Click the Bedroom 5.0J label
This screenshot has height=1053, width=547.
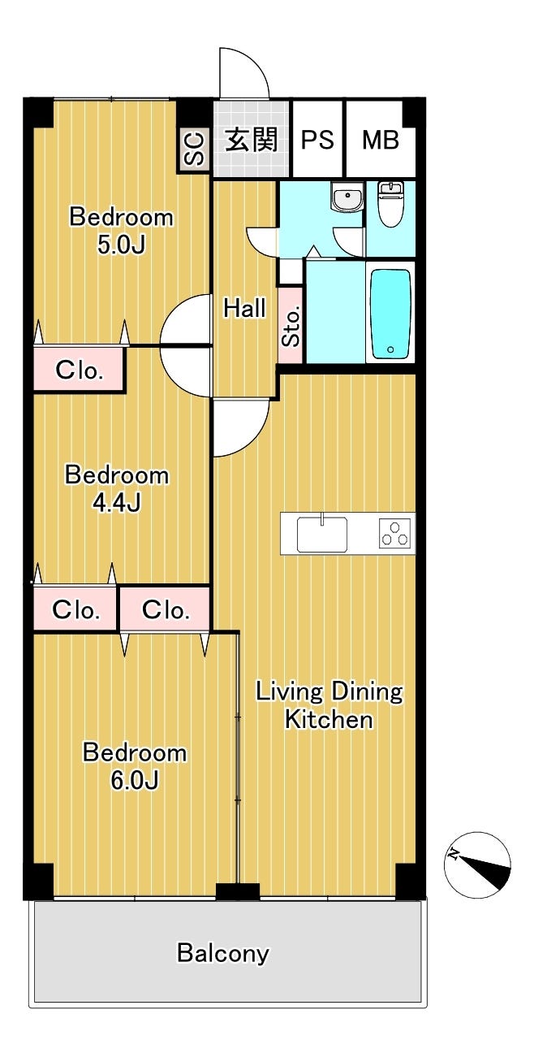coord(121,231)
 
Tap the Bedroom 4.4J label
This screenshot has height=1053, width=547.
coord(116,488)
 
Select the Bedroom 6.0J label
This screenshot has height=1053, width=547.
coord(134,766)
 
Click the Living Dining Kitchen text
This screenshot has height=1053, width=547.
coord(329,705)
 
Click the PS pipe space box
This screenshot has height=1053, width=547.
coord(317,139)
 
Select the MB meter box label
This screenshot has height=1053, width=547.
coord(381,139)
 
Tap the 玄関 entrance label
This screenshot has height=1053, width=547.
coord(252,139)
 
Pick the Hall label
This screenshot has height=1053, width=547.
coord(244,309)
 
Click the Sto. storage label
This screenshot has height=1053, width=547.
coord(291,327)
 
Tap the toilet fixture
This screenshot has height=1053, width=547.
coord(390,204)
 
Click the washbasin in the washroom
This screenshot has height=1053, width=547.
coord(347,197)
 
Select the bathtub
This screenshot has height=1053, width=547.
coord(390,313)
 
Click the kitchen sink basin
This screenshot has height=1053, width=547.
coord(322,534)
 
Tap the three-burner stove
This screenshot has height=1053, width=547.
coord(395,533)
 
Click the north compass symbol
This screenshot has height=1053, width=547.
coord(477,865)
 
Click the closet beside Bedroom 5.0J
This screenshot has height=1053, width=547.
coord(79,370)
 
